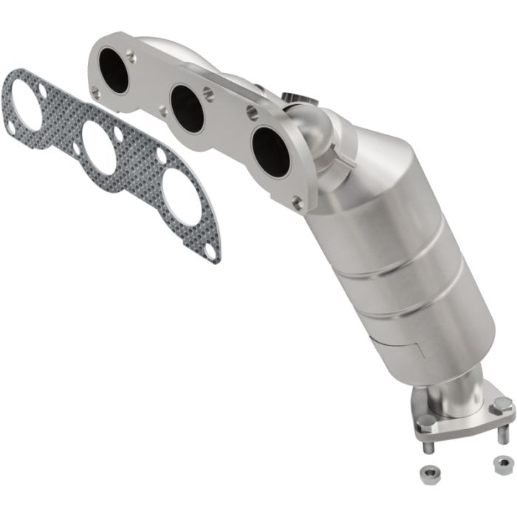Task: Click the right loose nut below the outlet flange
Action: (x=502, y=464)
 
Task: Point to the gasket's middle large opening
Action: (x=98, y=147)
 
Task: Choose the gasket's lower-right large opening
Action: (x=182, y=196)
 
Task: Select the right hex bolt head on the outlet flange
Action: (x=501, y=405)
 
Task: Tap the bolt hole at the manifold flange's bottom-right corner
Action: (x=297, y=202)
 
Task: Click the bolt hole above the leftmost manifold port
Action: (x=131, y=54)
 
